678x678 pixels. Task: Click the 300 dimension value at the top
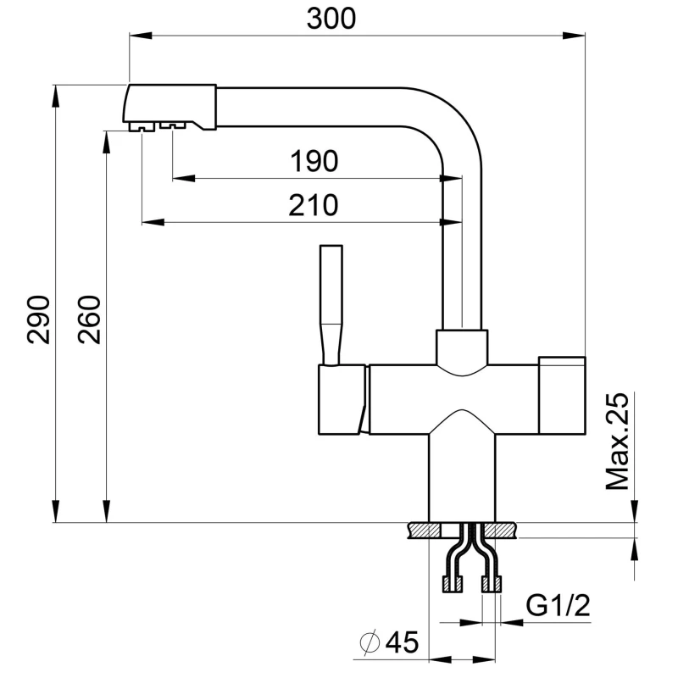coord(325,17)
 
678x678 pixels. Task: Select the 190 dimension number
coord(314,160)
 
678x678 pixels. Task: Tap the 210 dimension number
coord(314,204)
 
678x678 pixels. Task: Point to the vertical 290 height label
coord(37,320)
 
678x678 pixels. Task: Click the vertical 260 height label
coord(91,320)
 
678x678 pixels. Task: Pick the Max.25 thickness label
coord(620,442)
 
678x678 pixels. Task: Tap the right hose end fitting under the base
coord(492,583)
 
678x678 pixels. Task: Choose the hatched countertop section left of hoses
coord(424,531)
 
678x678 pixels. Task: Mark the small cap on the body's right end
coord(562,361)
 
